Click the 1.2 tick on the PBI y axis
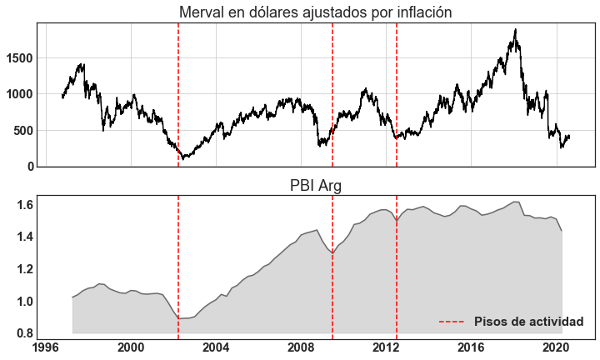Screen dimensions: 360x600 click(23, 269)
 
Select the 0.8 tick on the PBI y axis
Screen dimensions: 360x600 click(23, 333)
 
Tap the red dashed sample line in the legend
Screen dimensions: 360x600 click(452, 322)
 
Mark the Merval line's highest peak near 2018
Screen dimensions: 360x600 click(516, 30)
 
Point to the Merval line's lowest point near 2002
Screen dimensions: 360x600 click(183, 158)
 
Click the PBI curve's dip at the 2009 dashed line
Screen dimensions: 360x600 click(332, 252)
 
